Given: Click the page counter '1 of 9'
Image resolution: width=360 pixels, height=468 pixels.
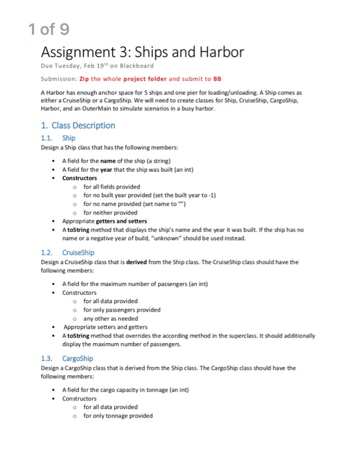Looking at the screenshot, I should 49,29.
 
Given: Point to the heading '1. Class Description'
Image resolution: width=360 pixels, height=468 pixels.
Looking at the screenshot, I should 78,125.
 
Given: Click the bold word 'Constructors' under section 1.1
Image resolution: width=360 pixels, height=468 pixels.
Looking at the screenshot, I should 79,179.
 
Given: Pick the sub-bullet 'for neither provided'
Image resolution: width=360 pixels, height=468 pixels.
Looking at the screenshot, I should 111,212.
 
